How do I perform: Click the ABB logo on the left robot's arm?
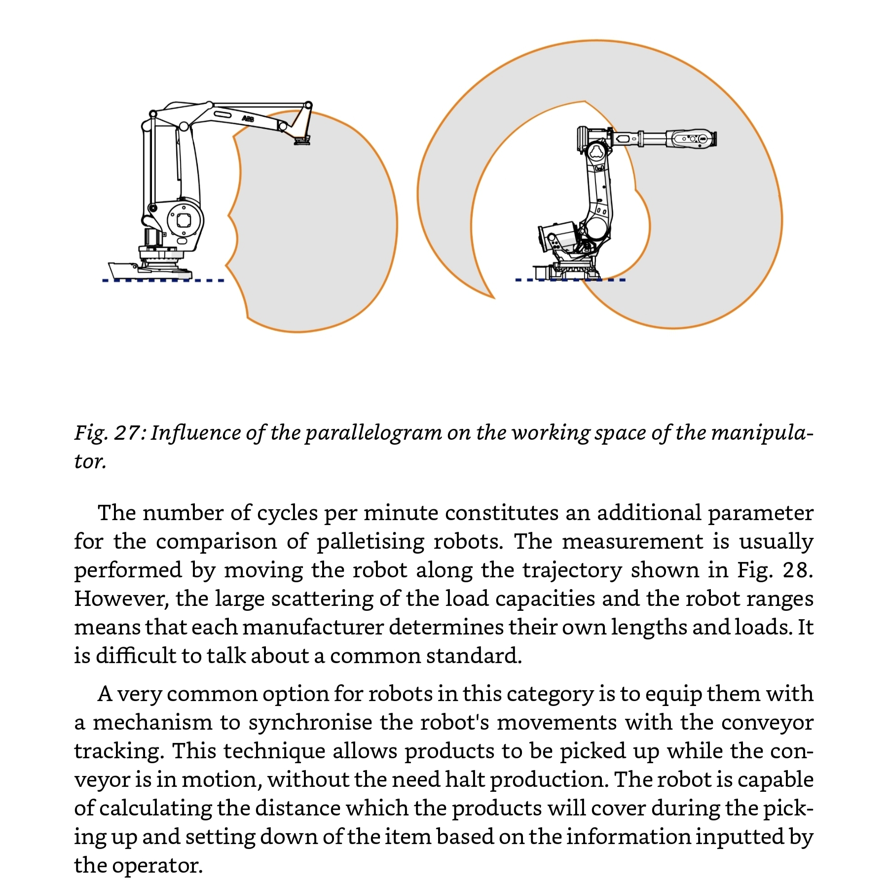[248, 119]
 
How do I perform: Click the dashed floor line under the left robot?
[163, 281]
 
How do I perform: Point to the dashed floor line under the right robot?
[570, 280]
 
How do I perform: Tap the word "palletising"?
[370, 542]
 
